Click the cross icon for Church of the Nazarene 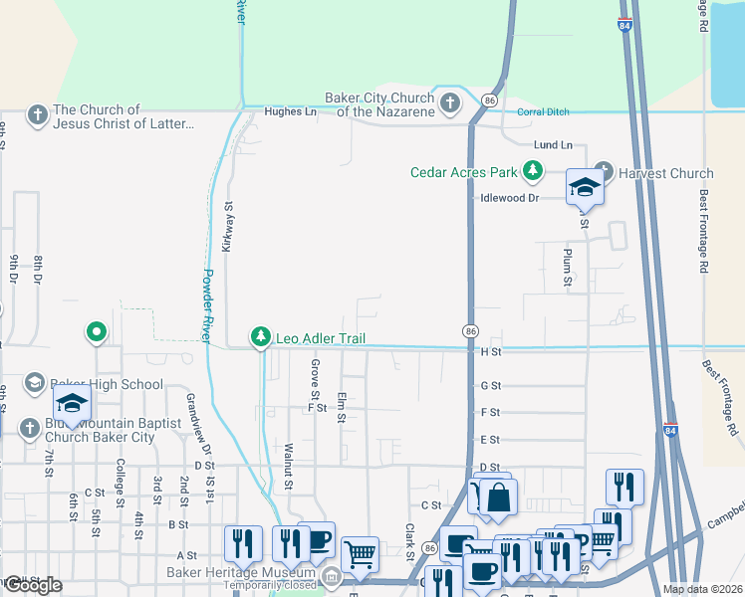[450, 102]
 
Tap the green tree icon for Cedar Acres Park [534, 172]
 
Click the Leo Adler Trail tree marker [261, 338]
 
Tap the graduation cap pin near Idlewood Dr [585, 187]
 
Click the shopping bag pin [499, 497]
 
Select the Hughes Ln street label [290, 112]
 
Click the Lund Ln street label [553, 145]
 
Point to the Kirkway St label [228, 228]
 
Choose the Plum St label [567, 268]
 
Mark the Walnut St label [288, 467]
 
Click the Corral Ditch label [543, 111]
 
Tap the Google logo [32, 585]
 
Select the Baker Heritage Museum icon [332, 575]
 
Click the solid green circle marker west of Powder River [97, 331]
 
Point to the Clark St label [409, 542]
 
